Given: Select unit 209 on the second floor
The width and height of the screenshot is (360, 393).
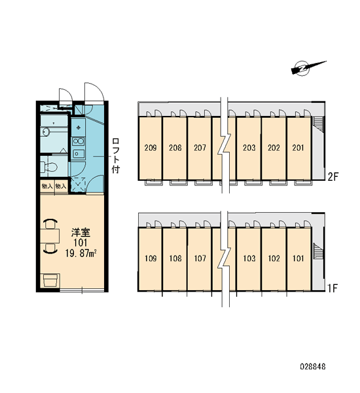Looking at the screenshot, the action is point(151,148).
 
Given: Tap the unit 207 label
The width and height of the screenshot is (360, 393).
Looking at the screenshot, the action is point(200,148).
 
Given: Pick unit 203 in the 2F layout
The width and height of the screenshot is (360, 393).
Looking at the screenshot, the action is point(249,148).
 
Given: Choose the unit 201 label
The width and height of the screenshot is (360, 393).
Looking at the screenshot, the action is point(298,148).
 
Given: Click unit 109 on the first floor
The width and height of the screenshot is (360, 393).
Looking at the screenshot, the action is point(151,259).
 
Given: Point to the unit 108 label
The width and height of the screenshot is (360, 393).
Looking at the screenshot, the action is point(175,259).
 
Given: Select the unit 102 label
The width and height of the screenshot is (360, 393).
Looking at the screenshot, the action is point(274,259).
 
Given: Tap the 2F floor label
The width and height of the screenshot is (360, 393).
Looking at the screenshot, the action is point(333,177).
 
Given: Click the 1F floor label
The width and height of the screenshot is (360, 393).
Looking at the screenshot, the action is point(333,288).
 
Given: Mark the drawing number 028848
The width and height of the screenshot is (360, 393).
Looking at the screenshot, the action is point(313,367).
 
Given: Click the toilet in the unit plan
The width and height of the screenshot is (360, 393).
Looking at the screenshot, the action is point(49,166).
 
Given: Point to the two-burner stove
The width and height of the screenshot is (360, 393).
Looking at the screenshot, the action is point(78,141).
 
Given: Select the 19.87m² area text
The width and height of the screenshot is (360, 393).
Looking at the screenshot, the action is point(81,253).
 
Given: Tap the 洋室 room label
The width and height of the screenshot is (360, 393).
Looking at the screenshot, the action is point(81,233).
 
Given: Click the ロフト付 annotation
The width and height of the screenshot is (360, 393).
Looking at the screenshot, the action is point(116,156).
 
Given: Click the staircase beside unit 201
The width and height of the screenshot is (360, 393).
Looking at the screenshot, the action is point(318,123).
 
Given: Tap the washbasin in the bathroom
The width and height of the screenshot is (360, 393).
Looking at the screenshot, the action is point(45,132).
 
